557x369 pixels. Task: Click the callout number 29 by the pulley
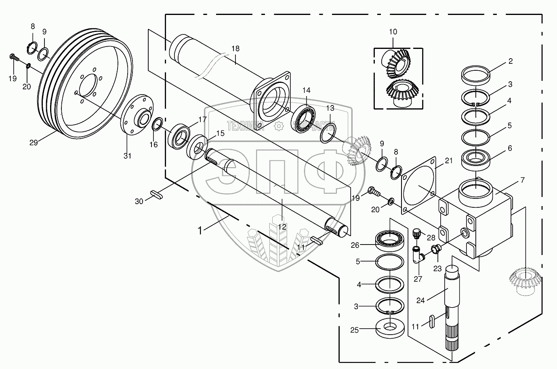34,142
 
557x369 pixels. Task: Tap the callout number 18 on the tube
235,48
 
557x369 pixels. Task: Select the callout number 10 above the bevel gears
393,32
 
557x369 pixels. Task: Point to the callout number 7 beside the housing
522,179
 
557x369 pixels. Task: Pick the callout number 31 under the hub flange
127,156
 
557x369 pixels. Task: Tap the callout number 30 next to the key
139,201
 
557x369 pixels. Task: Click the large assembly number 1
200,230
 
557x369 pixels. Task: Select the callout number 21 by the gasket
449,161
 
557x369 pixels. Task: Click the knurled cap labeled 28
416,233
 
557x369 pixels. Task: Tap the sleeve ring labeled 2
476,74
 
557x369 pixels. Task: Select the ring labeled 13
329,133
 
